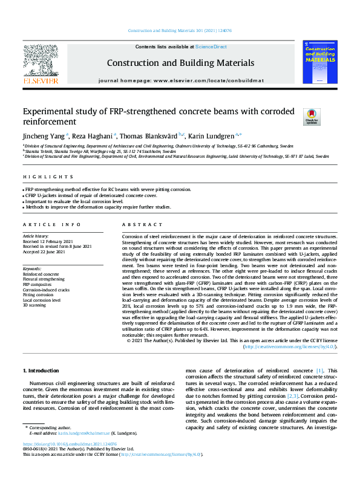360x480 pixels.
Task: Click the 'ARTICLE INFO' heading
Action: click(48, 224)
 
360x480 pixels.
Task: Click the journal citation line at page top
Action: click(180, 30)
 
